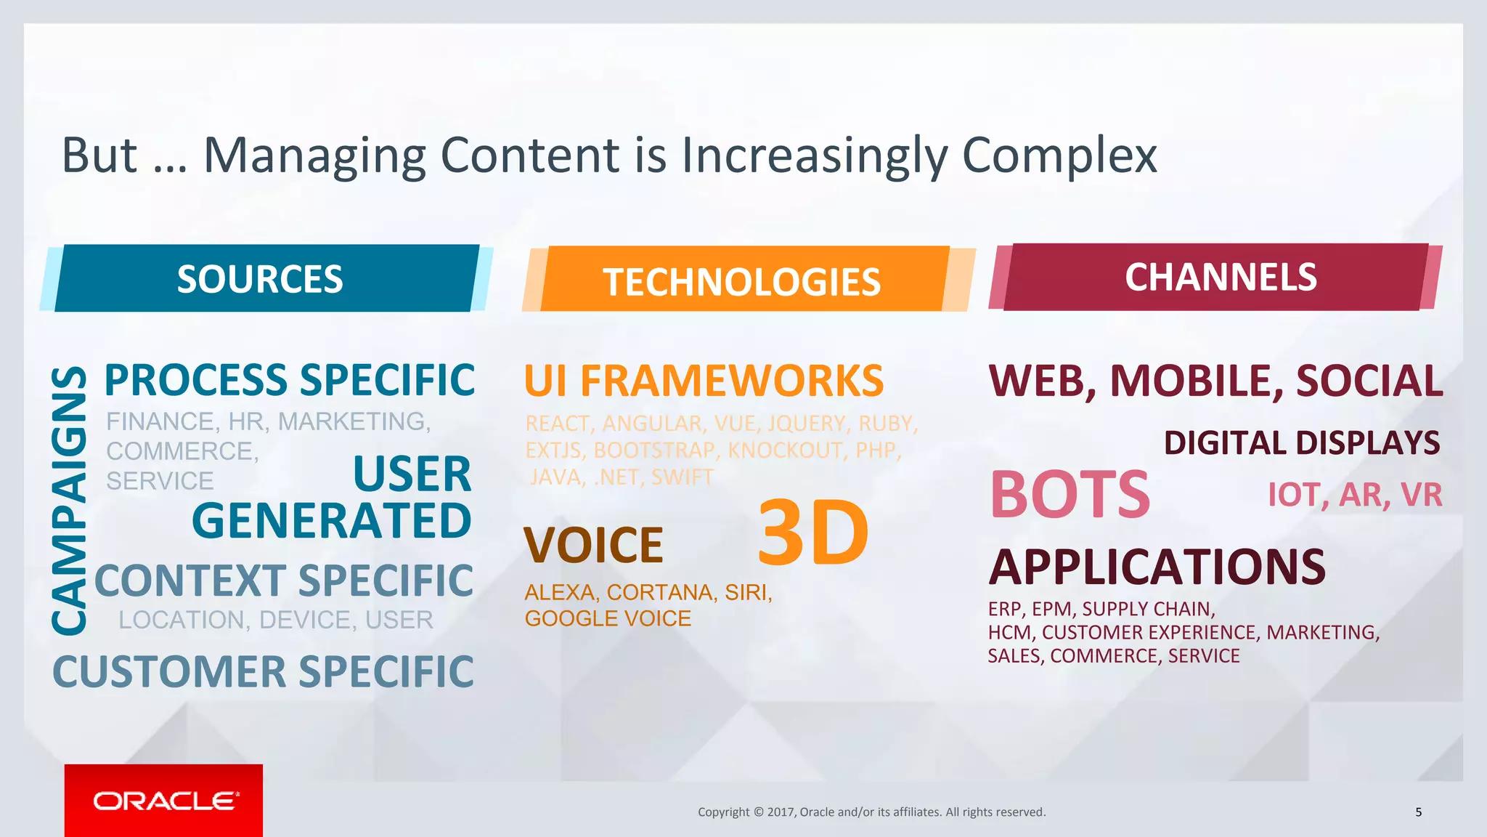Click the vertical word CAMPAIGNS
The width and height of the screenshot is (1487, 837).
coord(70,500)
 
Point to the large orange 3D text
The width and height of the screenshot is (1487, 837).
coord(812,533)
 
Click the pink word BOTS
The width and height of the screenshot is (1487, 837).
coord(1070,495)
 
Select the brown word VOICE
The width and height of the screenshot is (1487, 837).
coord(593,545)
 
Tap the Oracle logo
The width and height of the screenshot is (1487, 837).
coord(164,801)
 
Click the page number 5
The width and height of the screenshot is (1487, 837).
coord(1418,812)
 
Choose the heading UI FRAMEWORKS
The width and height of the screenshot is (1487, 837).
coord(704,381)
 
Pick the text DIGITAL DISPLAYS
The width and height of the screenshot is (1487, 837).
coord(1301,442)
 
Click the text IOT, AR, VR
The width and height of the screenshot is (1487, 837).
coord(1355,495)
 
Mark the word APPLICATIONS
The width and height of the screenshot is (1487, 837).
coord(1157,567)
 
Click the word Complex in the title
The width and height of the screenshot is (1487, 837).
coord(1059,155)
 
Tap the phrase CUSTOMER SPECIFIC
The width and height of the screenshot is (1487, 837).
coord(263,671)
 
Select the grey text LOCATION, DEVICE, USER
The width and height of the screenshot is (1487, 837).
coord(276,620)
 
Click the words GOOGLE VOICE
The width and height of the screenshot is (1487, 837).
coord(608,618)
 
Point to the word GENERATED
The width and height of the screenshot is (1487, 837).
coord(332,520)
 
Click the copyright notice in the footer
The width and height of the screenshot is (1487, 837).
coord(871,812)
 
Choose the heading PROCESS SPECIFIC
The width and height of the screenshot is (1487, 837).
coord(290,380)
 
